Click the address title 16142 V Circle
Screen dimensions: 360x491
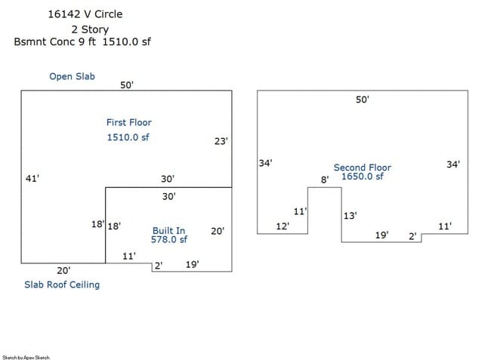pyautogui.click(x=85, y=14)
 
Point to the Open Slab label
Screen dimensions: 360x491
pyautogui.click(x=72, y=76)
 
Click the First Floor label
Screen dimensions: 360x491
pyautogui.click(x=128, y=122)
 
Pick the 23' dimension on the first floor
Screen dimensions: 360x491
pyautogui.click(x=221, y=141)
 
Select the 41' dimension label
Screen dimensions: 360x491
pyautogui.click(x=32, y=179)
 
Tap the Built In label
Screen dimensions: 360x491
pyautogui.click(x=168, y=230)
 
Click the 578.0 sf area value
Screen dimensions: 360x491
pyautogui.click(x=168, y=239)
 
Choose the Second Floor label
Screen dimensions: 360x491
pyautogui.click(x=363, y=168)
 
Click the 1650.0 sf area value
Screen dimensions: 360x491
pyautogui.click(x=363, y=177)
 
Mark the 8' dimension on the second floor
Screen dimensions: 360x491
pyautogui.click(x=325, y=180)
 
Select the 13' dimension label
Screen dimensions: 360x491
pyautogui.click(x=350, y=216)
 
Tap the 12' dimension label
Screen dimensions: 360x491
pyautogui.click(x=283, y=226)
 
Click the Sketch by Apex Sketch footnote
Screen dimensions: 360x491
pyautogui.click(x=26, y=357)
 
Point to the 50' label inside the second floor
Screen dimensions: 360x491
pyautogui.click(x=363, y=100)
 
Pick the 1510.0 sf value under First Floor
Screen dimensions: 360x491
pyautogui.click(x=128, y=137)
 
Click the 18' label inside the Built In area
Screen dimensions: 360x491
pyautogui.click(x=115, y=226)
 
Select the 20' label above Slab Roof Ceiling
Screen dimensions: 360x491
pyautogui.click(x=63, y=270)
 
